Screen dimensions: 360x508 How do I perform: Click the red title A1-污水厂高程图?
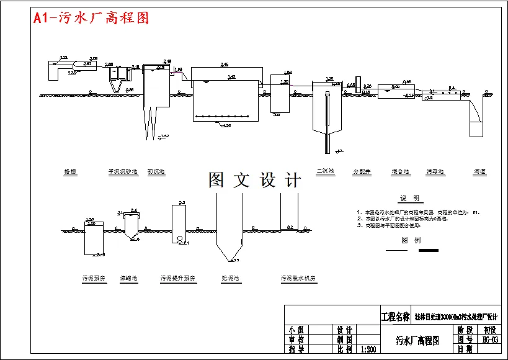(x=91, y=18)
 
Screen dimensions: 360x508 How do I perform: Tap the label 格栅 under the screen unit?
(x=70, y=172)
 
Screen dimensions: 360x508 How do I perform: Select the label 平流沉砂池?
(x=123, y=172)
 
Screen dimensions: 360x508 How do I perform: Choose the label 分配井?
(x=362, y=172)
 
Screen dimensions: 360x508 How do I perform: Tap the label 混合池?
(x=400, y=172)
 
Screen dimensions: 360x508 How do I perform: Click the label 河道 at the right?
(x=480, y=172)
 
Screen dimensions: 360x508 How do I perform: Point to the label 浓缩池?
(x=129, y=279)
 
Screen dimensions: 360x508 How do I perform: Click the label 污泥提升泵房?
(x=178, y=279)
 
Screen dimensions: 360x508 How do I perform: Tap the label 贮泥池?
(x=230, y=279)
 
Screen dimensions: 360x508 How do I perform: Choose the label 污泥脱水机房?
(x=298, y=279)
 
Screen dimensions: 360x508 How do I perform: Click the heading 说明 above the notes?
(x=409, y=199)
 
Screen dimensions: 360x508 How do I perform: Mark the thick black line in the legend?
(x=429, y=251)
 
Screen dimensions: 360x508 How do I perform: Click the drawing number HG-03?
(x=489, y=340)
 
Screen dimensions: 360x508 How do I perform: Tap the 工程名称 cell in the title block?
(x=394, y=317)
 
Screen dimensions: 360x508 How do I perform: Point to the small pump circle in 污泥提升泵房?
(x=179, y=239)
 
